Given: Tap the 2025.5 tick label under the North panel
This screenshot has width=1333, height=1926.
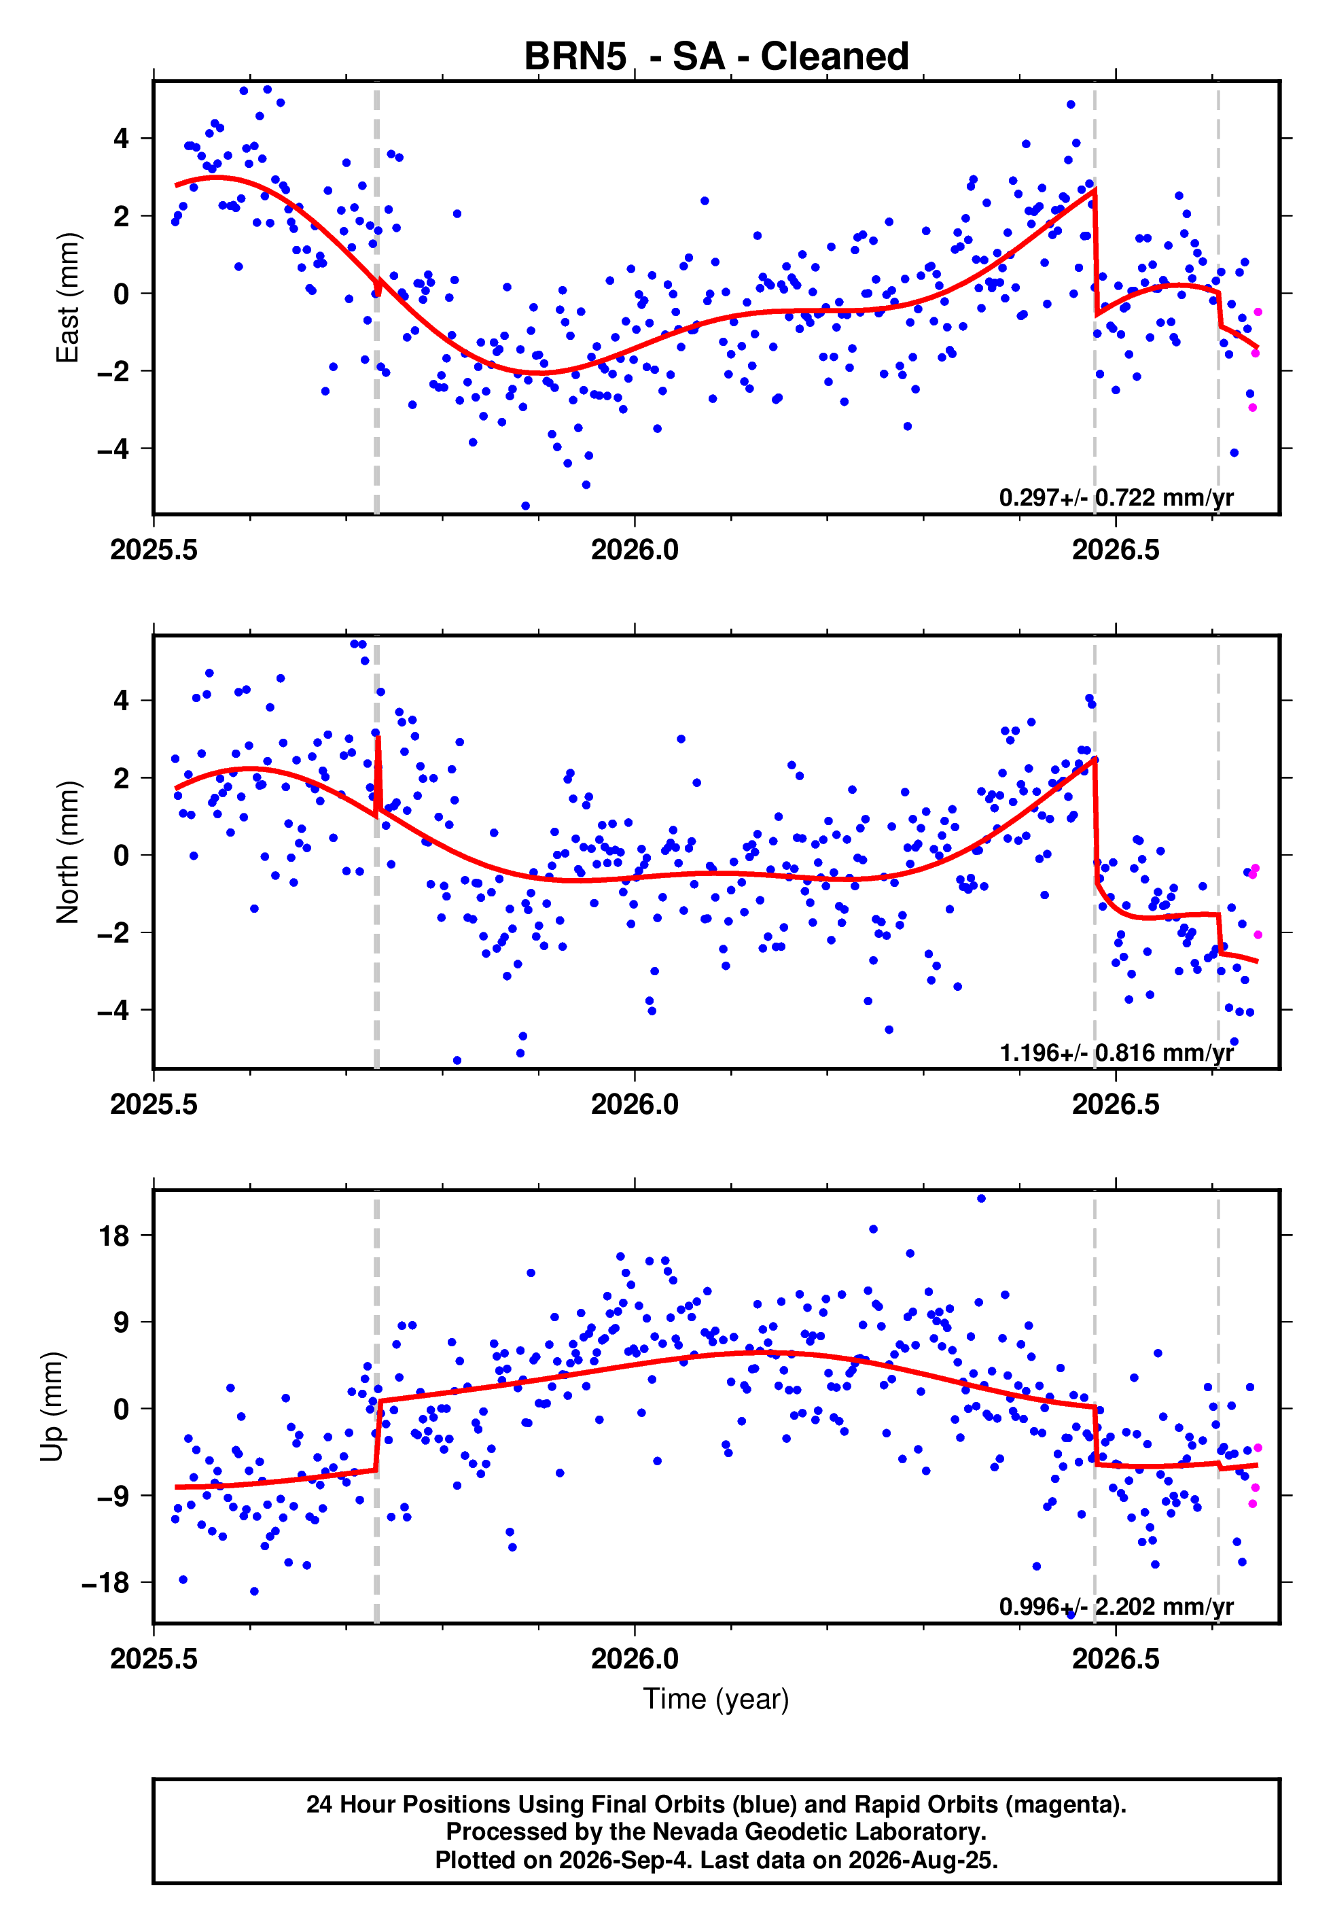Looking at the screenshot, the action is pos(154,1104).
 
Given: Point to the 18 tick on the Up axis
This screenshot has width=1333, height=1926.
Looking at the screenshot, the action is pos(113,1236).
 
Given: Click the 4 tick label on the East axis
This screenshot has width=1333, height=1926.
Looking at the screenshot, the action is pos(122,138).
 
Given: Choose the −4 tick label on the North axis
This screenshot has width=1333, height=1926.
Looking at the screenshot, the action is pos(113,1011).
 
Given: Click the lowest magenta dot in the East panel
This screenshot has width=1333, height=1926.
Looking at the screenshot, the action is pos(1253,408).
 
